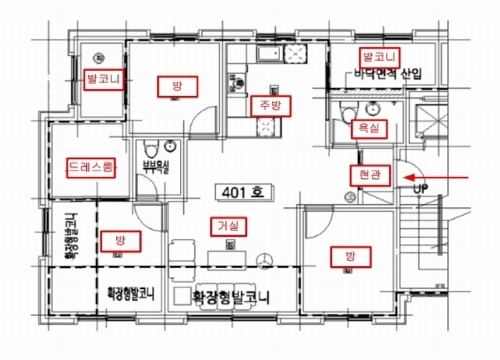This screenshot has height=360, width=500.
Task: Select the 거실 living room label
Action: (x=228, y=226)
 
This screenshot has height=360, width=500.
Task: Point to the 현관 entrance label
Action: (x=369, y=176)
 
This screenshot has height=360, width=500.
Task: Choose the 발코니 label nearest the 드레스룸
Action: (x=104, y=80)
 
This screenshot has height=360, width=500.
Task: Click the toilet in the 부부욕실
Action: (x=149, y=149)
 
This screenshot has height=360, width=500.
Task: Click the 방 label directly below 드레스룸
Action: (x=120, y=239)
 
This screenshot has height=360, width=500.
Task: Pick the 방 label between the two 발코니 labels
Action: (x=177, y=85)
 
